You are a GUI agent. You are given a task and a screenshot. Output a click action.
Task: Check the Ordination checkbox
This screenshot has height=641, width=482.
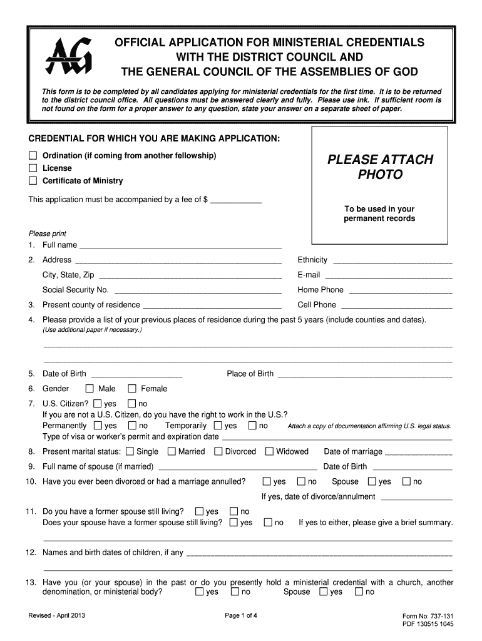[33, 155]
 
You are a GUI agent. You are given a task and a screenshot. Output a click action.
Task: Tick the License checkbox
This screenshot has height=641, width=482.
[33, 168]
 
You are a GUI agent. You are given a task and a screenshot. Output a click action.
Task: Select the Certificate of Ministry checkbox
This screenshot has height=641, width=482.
[33, 181]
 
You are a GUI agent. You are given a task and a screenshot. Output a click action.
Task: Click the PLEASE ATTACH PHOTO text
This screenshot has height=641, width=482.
[379, 167]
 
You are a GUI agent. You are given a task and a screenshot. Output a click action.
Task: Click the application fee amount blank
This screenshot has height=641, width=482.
[236, 201]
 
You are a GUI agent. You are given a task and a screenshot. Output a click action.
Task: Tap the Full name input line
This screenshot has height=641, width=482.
[180, 246]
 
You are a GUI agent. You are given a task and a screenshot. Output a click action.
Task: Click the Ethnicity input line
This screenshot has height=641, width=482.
[392, 261]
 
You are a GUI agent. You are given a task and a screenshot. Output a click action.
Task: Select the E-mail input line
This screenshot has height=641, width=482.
[388, 276]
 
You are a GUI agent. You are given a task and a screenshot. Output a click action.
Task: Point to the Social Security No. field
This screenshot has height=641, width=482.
[198, 291]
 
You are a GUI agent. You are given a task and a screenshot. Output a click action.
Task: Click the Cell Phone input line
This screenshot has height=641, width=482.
[396, 306]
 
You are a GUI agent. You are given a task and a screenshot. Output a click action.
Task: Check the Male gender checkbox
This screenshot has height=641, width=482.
[89, 389]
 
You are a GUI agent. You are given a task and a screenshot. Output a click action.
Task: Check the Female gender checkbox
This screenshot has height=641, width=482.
[131, 389]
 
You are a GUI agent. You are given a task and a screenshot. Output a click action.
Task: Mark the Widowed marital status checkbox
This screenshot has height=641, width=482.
[269, 451]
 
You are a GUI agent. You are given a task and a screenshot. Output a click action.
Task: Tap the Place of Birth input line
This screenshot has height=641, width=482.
[364, 375]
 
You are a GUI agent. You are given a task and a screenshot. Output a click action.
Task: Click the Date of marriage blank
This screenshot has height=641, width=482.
[419, 453]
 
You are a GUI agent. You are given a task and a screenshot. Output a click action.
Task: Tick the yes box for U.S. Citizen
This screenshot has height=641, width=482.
[96, 404]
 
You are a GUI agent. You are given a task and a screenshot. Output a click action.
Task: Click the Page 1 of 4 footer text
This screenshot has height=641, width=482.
[241, 615]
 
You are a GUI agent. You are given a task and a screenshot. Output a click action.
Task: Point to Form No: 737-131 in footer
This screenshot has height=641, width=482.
[429, 616]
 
